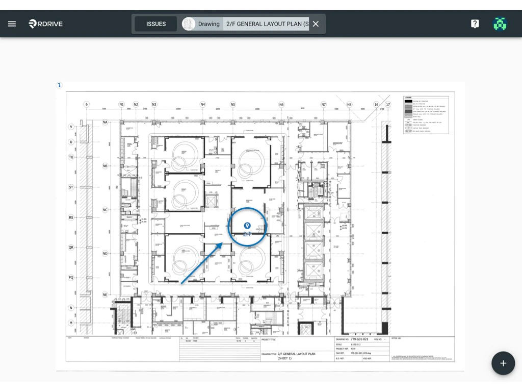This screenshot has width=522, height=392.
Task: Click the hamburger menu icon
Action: [12, 24]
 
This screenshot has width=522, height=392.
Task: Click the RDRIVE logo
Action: [46, 24]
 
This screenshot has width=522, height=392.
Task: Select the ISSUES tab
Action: [156, 24]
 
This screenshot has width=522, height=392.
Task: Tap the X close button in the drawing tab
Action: [316, 24]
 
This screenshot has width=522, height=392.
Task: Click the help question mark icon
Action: [475, 24]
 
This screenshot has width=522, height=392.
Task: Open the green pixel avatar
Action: [500, 24]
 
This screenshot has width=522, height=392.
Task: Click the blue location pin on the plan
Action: [247, 226]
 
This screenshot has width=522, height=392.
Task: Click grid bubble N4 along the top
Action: [203, 105]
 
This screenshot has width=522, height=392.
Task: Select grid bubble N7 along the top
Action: [324, 105]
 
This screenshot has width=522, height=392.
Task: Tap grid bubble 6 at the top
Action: [87, 105]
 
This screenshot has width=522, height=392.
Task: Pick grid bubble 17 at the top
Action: [388, 105]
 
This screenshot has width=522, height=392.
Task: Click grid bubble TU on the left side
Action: [71, 157]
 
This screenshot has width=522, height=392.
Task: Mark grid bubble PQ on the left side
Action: [71, 278]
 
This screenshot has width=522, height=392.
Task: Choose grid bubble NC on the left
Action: [106, 210]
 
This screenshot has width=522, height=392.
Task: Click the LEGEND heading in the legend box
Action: [408, 97]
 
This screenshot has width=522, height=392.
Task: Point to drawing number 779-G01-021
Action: [359, 339]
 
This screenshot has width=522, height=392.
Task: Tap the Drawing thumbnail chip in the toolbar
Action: [202, 24]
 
